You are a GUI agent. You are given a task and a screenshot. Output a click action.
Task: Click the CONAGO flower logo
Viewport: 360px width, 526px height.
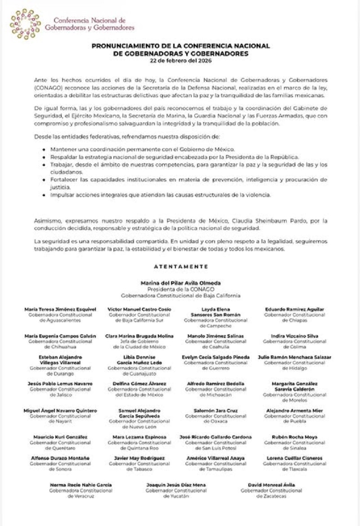(x=25, y=24)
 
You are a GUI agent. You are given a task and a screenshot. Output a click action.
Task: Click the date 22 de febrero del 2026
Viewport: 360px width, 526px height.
(x=180, y=60)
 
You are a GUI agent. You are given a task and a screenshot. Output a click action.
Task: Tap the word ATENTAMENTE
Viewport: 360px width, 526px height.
(x=180, y=266)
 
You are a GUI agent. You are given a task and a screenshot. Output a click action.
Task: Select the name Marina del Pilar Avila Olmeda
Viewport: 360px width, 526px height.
(x=180, y=283)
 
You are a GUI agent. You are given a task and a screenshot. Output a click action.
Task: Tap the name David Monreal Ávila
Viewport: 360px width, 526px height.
(x=271, y=485)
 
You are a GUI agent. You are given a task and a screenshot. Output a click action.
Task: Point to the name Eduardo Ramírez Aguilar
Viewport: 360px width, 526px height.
(x=294, y=310)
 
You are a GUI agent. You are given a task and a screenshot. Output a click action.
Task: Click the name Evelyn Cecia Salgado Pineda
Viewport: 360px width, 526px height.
(x=216, y=357)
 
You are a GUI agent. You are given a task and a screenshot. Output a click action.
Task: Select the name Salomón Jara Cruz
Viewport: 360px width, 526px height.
(x=216, y=411)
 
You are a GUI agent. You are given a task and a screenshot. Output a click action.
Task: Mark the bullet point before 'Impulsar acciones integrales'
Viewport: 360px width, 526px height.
(x=43, y=196)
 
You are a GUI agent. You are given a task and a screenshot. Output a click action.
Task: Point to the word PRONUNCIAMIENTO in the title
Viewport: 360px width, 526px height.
(x=124, y=45)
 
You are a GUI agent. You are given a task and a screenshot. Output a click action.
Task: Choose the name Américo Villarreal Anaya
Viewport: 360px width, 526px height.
(x=216, y=459)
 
